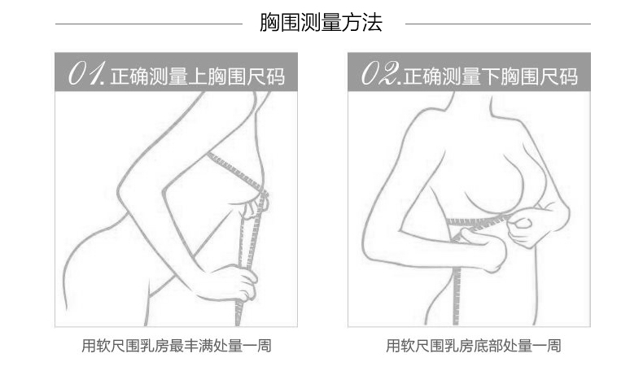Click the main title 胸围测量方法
321,23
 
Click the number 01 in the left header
87,74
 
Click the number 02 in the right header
379,74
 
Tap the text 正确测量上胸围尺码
197,76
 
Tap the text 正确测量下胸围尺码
491,76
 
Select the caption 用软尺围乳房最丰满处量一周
177,346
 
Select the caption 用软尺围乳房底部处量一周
473,346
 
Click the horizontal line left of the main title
149,24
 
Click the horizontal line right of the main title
498,24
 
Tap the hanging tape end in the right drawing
457,295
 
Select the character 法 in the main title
372,23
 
